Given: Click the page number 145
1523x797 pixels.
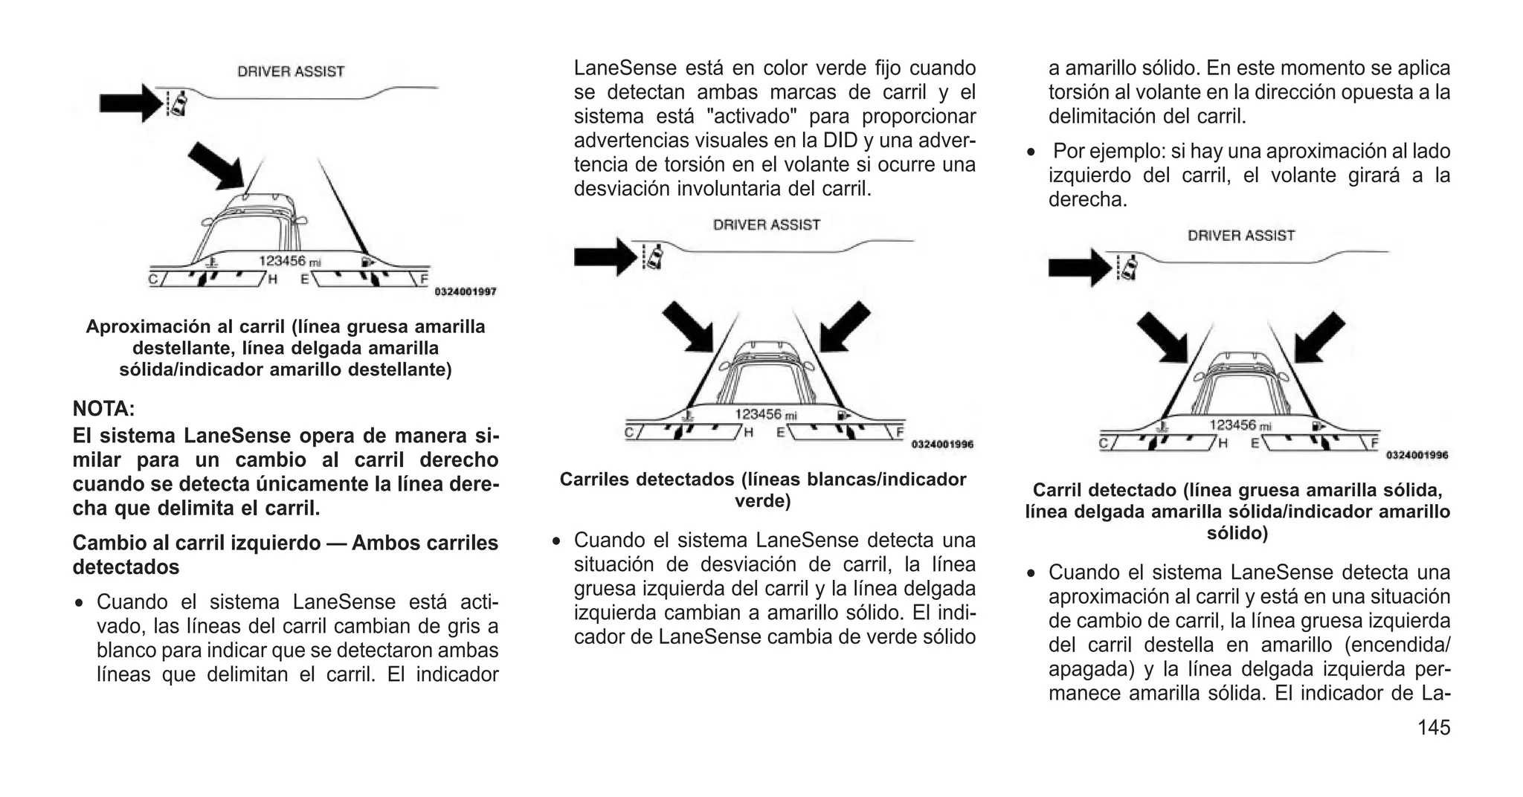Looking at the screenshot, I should [1433, 727].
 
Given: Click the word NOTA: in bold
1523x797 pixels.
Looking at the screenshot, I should [103, 409].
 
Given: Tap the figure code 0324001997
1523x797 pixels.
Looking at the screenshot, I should [465, 292].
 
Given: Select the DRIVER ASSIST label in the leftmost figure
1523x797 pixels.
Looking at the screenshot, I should [291, 72].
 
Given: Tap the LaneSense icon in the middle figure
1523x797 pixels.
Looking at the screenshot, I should [654, 256].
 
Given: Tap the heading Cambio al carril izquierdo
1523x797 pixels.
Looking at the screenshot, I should [285, 543].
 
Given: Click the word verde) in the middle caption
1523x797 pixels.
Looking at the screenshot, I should [762, 501].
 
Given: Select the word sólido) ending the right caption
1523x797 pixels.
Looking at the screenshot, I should [1237, 533].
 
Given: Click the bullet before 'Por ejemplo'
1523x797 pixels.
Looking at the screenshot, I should [1031, 152].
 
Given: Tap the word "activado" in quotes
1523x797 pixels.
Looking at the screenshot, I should [750, 117].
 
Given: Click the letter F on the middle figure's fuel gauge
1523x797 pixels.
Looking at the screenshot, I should [900, 431].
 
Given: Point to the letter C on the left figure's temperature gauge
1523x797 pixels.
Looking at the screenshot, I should [152, 280].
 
